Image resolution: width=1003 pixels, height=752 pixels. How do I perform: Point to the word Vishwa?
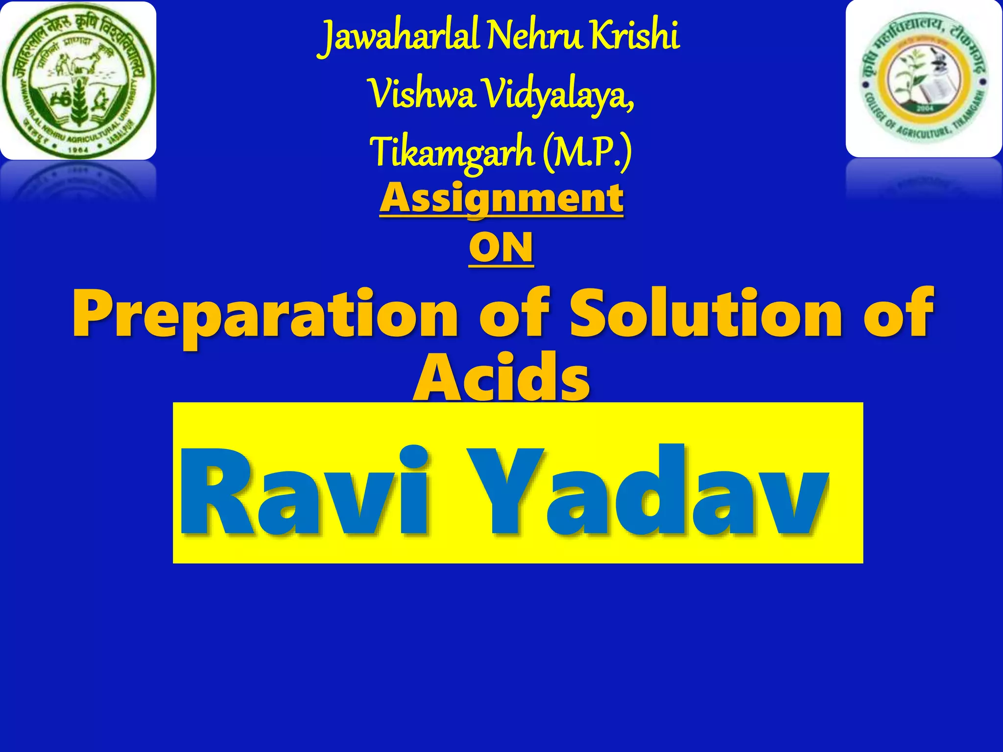click(422, 95)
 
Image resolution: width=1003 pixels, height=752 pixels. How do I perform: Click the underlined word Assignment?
click(501, 198)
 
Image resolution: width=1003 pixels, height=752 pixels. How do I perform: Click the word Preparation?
click(264, 313)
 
